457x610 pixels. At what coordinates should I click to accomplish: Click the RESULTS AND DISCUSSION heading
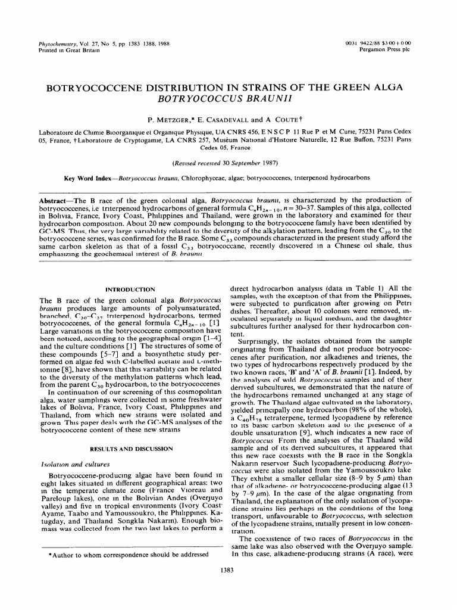pos(130,431)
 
